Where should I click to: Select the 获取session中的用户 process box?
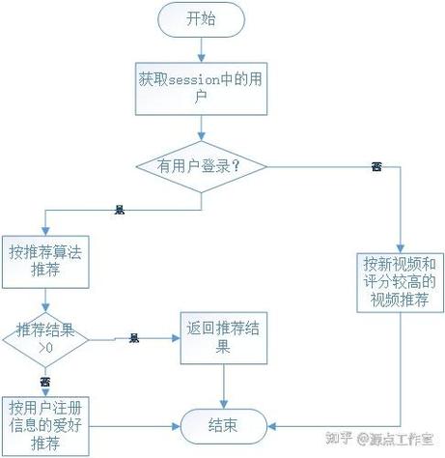(x=200, y=88)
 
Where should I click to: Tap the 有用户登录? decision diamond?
(x=201, y=166)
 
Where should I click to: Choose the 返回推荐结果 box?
(x=223, y=337)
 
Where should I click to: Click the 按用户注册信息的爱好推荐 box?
(x=44, y=421)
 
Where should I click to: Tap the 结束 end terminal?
(x=223, y=423)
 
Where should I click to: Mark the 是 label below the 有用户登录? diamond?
(x=120, y=209)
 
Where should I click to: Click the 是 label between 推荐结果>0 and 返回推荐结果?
(x=134, y=339)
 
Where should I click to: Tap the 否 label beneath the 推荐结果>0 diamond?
(x=44, y=382)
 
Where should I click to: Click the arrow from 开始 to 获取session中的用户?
(x=200, y=49)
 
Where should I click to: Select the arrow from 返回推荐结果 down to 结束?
(x=223, y=385)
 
